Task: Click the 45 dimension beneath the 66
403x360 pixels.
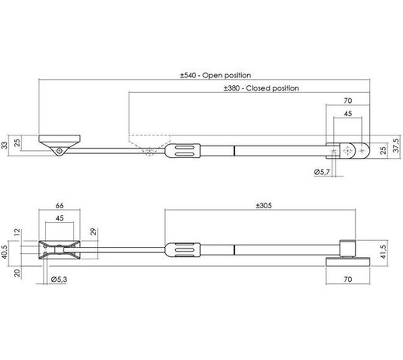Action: [x=60, y=218]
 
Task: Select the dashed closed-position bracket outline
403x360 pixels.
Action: [x=146, y=143]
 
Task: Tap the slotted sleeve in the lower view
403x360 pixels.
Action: [x=183, y=250]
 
